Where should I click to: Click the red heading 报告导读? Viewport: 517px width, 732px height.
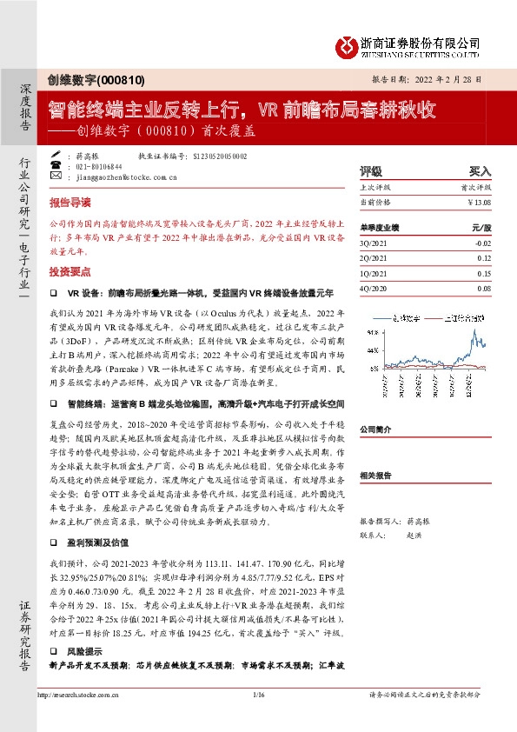(70, 202)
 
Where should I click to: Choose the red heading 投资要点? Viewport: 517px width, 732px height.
(70, 271)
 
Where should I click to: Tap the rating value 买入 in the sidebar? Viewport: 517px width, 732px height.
(480, 172)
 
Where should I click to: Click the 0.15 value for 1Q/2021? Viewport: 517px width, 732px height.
(484, 274)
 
